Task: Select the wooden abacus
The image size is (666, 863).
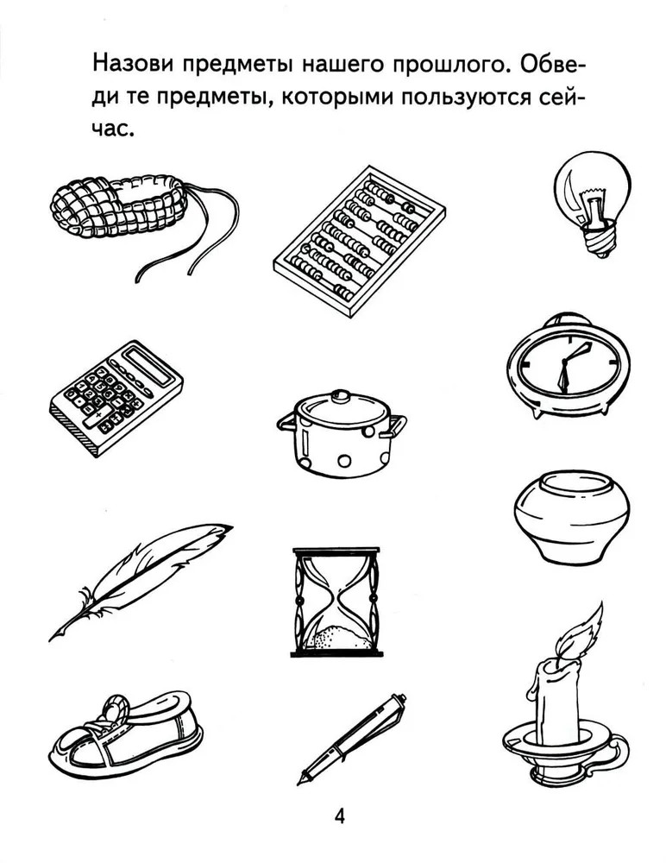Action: (360, 241)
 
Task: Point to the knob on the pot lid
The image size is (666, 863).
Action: (341, 396)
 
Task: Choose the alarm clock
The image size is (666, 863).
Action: (569, 366)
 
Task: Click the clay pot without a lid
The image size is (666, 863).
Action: (572, 517)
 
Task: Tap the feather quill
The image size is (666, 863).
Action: (141, 581)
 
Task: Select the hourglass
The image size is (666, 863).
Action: (336, 602)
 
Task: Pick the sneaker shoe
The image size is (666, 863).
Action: (125, 733)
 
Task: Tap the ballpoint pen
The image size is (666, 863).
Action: (352, 739)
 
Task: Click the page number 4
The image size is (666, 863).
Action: (340, 816)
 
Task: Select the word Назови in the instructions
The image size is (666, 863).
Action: (134, 64)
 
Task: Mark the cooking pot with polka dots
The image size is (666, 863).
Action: (342, 434)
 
